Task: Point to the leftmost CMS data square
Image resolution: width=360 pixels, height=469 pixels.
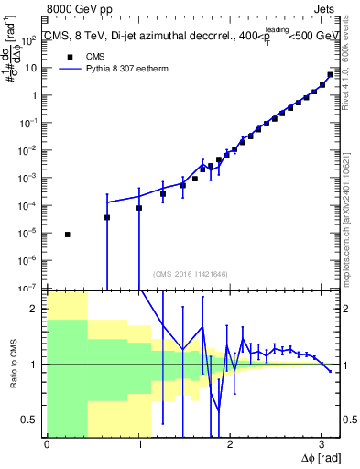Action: click(x=67, y=234)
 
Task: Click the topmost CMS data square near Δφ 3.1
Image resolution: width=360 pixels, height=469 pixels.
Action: click(x=330, y=75)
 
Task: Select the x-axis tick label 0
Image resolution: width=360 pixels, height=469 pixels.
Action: click(x=47, y=443)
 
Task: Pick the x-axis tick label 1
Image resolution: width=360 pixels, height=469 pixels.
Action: click(x=139, y=443)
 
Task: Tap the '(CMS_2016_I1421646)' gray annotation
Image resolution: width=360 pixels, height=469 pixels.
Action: click(x=190, y=274)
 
